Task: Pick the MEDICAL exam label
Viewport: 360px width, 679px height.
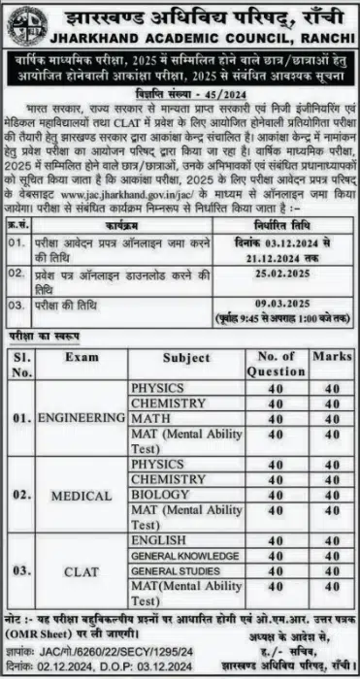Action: [x=82, y=495]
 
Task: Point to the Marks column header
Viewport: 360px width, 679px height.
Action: [x=332, y=356]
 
